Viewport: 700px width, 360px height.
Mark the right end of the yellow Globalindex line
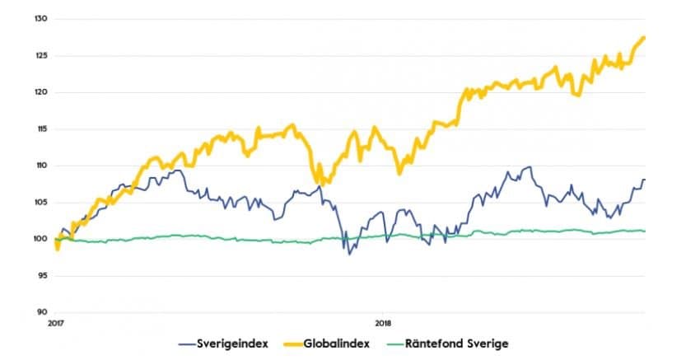tap(644, 37)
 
